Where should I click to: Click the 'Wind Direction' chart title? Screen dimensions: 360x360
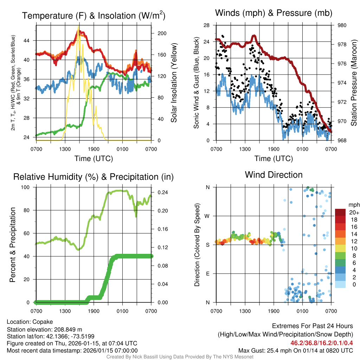(x=274, y=175)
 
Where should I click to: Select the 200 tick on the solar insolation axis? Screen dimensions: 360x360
(x=162, y=33)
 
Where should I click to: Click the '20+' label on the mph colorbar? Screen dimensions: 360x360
(x=354, y=212)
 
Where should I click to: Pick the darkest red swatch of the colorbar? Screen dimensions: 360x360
(x=341, y=212)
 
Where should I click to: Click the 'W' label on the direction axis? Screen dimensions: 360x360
(x=207, y=216)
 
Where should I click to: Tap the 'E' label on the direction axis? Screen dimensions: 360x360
(x=208, y=274)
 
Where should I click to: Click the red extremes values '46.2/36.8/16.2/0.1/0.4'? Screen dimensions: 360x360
(x=322, y=343)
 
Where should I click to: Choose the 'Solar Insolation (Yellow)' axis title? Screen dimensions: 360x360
(x=174, y=83)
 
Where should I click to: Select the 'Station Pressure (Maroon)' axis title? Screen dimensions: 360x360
(x=354, y=83)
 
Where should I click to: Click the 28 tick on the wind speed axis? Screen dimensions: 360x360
(x=206, y=25)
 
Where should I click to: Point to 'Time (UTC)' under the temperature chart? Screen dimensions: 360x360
(x=94, y=159)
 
